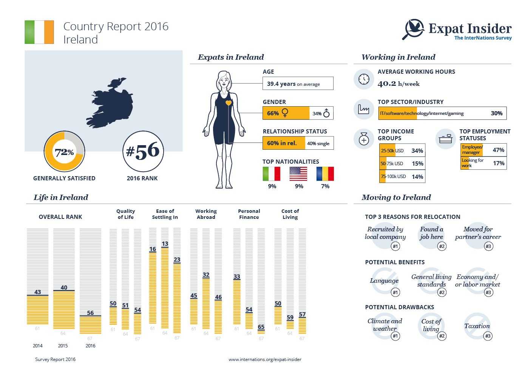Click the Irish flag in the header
(x=39, y=32)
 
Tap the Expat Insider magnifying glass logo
(x=414, y=29)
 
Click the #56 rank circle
(x=143, y=152)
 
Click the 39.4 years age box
(x=298, y=84)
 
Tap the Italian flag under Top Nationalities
(x=271, y=174)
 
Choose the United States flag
(x=298, y=174)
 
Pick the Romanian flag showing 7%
(x=325, y=174)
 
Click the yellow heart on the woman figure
(x=229, y=103)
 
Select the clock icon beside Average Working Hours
(x=364, y=79)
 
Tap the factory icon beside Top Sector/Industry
(x=364, y=109)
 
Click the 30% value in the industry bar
(x=496, y=113)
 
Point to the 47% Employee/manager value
(x=498, y=150)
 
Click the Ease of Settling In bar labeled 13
(x=165, y=287)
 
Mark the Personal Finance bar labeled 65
(x=261, y=332)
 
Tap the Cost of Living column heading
(x=290, y=214)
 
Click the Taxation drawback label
(x=477, y=326)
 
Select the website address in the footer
(x=265, y=360)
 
